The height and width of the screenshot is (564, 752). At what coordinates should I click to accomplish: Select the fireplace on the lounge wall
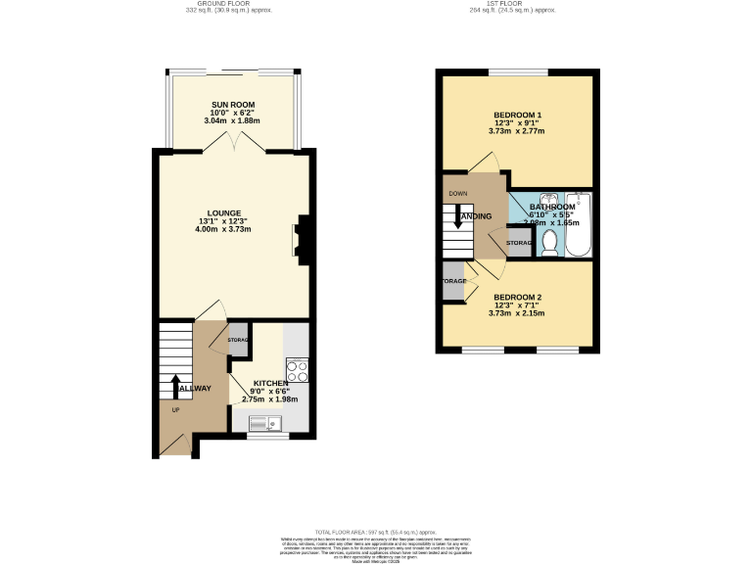(302, 238)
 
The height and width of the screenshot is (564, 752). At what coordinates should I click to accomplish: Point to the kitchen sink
(265, 423)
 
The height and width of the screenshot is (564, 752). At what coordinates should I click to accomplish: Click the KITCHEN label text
(270, 383)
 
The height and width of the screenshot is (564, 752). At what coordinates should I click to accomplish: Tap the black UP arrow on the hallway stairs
(176, 386)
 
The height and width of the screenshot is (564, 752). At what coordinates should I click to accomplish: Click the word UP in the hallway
(176, 409)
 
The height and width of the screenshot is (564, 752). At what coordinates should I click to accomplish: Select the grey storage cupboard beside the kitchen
(238, 339)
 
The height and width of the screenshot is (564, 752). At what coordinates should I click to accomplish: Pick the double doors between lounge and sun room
(233, 143)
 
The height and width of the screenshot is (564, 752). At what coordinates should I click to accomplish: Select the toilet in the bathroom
(549, 242)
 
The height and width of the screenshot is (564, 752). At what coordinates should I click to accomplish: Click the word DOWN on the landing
(458, 194)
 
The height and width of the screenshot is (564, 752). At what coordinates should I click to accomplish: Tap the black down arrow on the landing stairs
(457, 215)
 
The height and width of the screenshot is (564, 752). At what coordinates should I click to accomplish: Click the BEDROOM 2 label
(516, 297)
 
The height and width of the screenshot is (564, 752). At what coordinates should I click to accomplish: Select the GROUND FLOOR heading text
(228, 4)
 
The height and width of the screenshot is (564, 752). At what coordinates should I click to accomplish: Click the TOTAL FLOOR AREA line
(376, 530)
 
